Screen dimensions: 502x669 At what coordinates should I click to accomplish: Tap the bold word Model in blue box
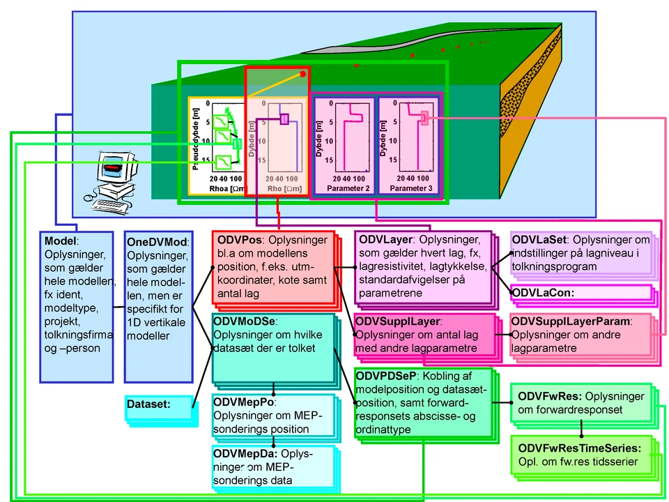click(x=61, y=240)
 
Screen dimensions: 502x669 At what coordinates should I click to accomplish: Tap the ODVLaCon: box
click(x=544, y=293)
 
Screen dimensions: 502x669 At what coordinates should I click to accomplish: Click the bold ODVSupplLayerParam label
click(x=570, y=322)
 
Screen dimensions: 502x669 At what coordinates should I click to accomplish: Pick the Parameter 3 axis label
click(x=410, y=188)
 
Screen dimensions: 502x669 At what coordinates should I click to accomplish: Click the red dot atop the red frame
click(x=302, y=73)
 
